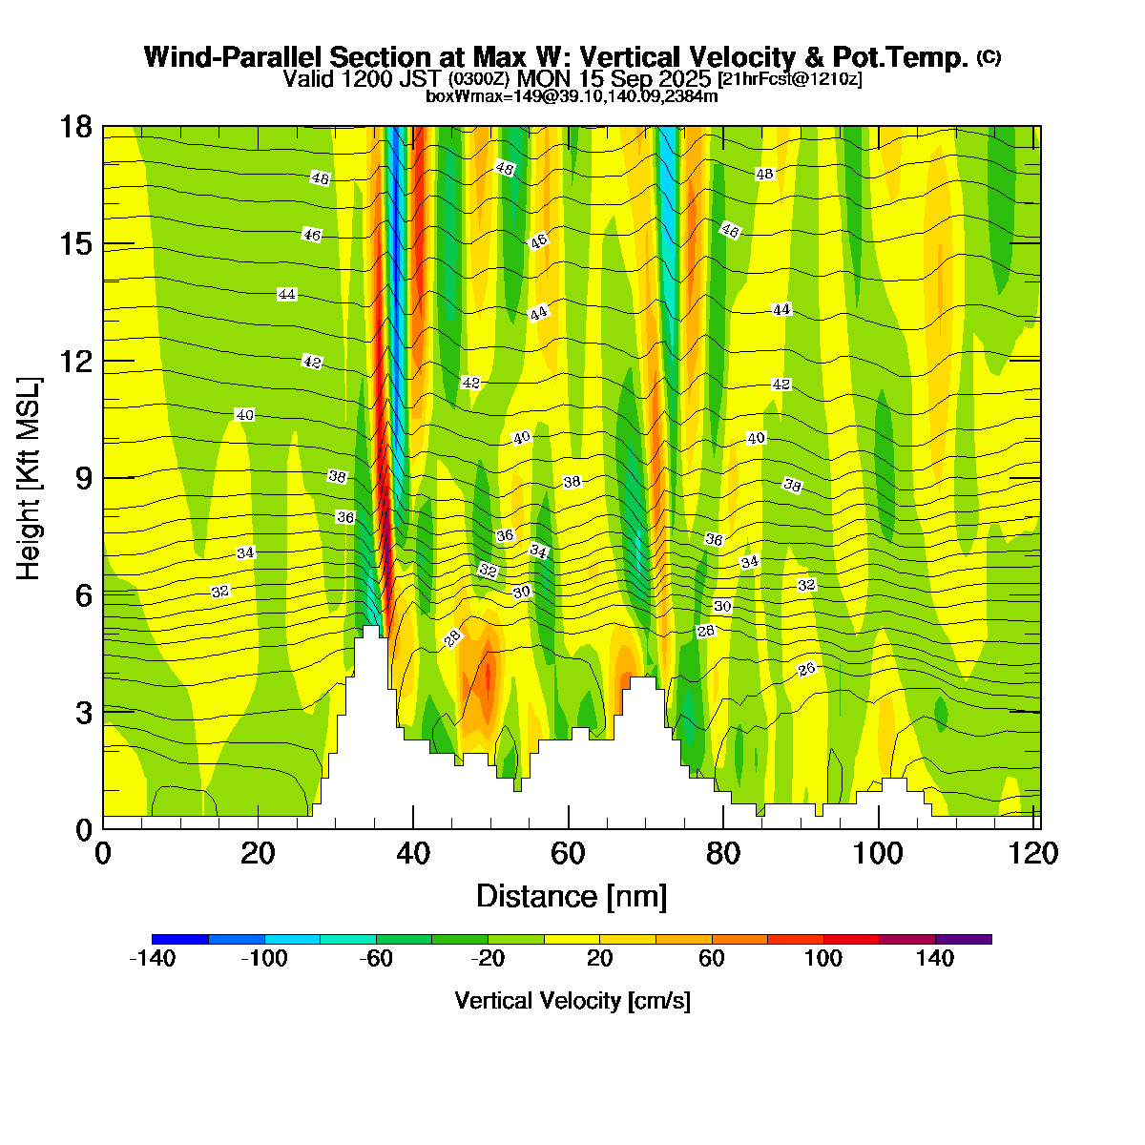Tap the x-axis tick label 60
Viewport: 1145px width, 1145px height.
569,853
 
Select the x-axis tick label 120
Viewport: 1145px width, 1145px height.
1034,853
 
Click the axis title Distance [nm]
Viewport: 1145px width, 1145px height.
572,897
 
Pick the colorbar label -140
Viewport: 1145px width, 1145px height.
152,959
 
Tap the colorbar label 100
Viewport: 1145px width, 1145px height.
823,959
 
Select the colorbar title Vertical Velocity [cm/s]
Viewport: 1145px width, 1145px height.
572,1001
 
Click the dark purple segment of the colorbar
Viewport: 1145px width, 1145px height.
964,939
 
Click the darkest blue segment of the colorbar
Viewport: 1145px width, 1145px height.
180,939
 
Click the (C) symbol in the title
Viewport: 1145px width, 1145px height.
989,57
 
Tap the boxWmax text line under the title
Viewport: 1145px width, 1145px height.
572,95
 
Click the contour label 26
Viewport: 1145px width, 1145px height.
807,669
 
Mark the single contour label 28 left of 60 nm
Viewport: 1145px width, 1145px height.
453,638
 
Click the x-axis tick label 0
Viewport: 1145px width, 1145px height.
103,853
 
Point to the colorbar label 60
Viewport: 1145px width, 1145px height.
712,959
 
